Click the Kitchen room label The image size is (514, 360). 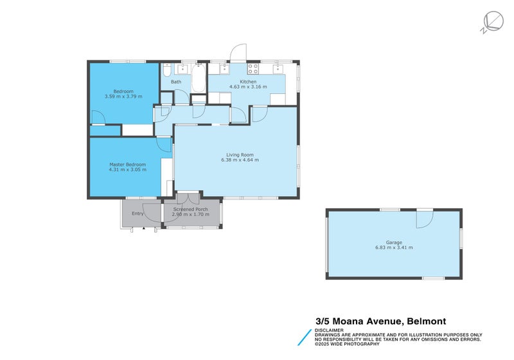point(248,82)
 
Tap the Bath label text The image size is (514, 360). point(176,82)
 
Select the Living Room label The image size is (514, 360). point(240,154)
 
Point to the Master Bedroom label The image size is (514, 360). point(127,164)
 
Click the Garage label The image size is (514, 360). point(394,242)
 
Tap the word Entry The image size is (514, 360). point(138,213)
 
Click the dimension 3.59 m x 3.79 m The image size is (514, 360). point(123,96)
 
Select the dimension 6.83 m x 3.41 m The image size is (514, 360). point(394,248)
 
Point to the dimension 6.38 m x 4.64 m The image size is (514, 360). point(240,160)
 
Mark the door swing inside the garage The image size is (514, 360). point(424,219)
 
